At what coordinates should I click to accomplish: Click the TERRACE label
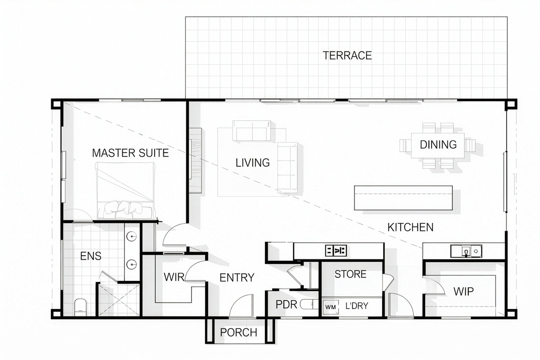point(347,56)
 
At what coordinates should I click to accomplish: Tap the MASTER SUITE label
point(130,153)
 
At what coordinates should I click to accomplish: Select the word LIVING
point(252,163)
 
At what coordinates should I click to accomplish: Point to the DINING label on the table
point(438,145)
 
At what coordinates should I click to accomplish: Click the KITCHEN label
point(410,227)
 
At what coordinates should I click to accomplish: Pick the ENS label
point(91,256)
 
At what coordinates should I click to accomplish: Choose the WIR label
point(174,277)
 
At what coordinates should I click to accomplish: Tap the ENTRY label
point(237,278)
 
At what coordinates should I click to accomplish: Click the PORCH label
point(239,333)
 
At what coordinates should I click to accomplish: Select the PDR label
point(286,305)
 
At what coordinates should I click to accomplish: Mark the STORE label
point(350,274)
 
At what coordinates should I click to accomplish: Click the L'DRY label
point(357,306)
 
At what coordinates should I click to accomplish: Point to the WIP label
point(463,291)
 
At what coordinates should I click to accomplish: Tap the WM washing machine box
point(331,307)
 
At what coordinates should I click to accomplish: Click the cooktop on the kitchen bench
point(336,251)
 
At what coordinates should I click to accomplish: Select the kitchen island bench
point(403,198)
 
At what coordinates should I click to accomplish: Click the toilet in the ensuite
point(81,307)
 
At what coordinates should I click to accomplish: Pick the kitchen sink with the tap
point(466,251)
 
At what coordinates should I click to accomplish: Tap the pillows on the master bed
point(123,207)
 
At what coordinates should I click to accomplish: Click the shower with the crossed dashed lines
point(118,300)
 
